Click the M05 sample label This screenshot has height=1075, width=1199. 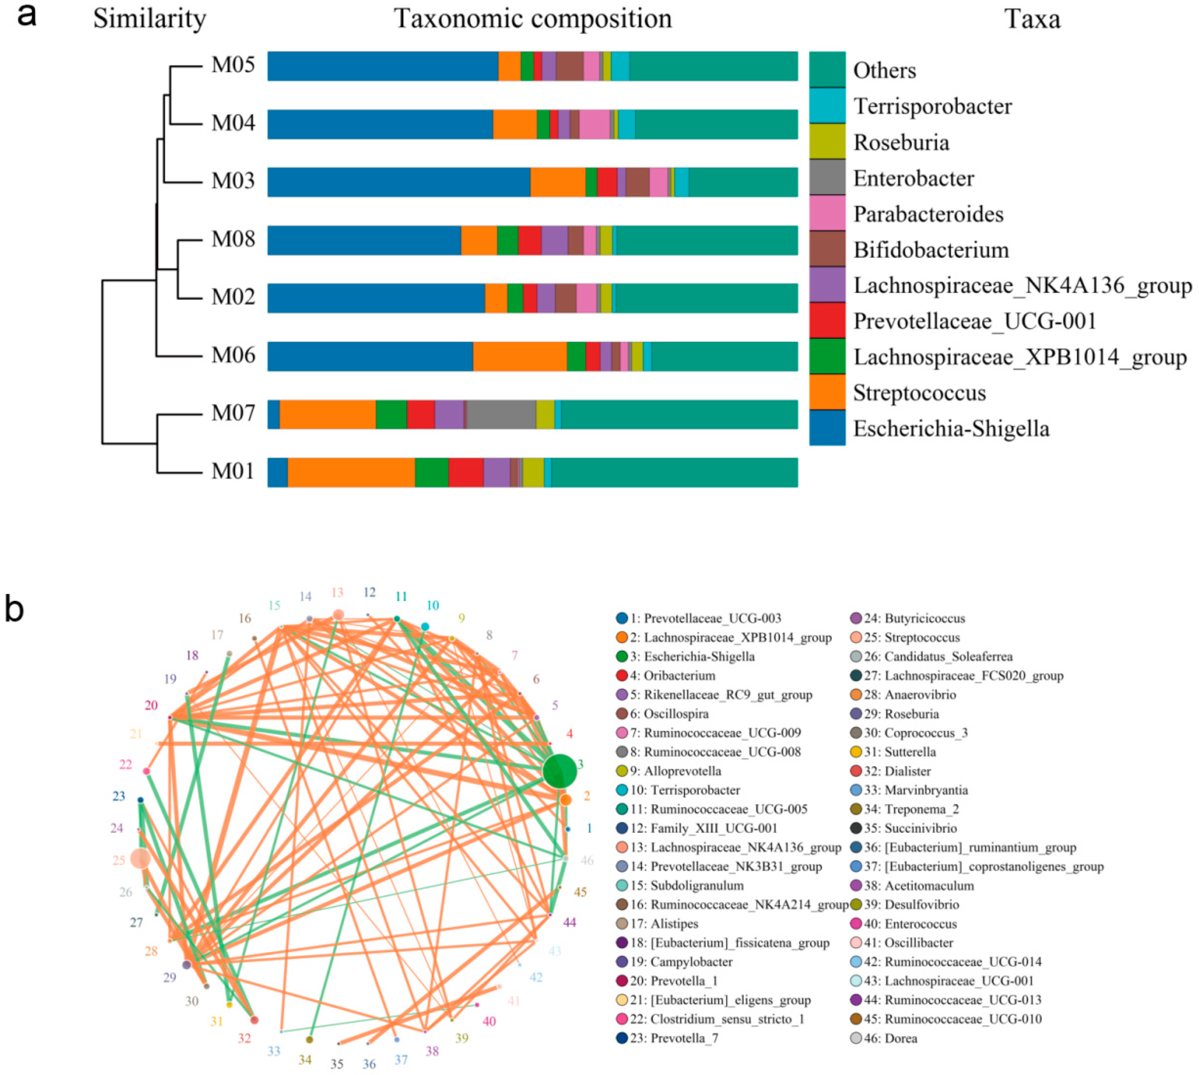[233, 65]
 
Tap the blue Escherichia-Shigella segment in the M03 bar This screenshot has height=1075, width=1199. [399, 182]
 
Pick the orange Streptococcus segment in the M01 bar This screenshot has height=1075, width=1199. [351, 472]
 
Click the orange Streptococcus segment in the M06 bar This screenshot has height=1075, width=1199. [520, 356]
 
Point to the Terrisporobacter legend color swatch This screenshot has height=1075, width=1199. [826, 106]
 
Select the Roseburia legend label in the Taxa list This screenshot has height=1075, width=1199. [901, 142]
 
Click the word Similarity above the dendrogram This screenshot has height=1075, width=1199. [149, 19]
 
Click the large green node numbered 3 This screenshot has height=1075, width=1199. [559, 771]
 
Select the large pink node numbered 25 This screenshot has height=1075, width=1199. [140, 858]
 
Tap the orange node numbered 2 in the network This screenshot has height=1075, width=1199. [565, 800]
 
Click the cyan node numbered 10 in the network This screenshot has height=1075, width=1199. [425, 627]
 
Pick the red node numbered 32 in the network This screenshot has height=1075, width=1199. [254, 1020]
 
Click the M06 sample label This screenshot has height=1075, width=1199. [233, 356]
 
